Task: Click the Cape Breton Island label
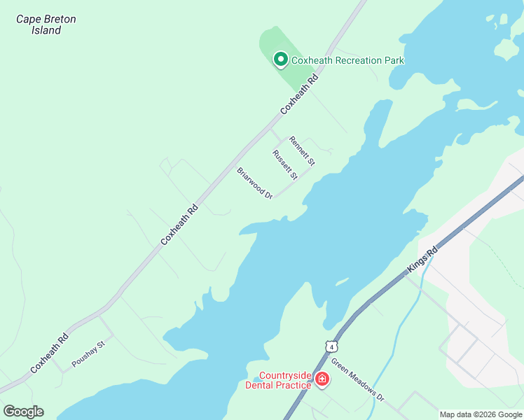tap(46, 24)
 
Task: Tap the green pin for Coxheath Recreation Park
tap(280, 59)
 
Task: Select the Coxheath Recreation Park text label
tap(347, 60)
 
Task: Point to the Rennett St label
tap(302, 151)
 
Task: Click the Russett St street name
tap(285, 164)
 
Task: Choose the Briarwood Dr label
tap(254, 183)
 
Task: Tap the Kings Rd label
tap(422, 260)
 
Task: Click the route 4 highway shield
tap(331, 346)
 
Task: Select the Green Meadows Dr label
tap(357, 380)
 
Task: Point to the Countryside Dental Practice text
tap(284, 380)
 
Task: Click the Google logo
tap(23, 412)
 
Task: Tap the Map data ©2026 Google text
tap(481, 414)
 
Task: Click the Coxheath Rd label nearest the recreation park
tap(299, 95)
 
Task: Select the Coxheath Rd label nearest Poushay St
tap(49, 353)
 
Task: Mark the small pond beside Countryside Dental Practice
tap(251, 381)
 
